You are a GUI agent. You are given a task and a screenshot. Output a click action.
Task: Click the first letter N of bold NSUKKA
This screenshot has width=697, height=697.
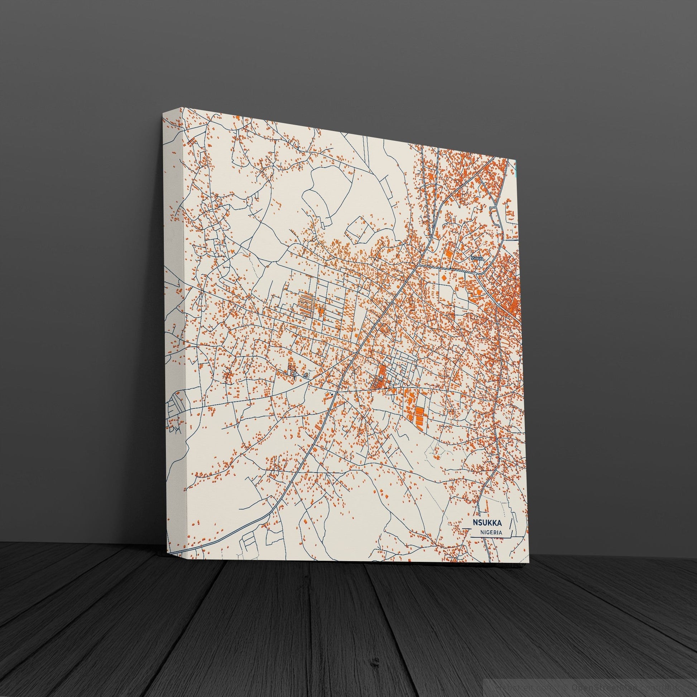click(x=475, y=522)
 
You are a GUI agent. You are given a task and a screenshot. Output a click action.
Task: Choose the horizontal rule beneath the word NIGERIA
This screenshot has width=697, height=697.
click(x=491, y=539)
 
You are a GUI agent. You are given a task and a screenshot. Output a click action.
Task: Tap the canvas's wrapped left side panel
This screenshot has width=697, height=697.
click(x=175, y=325)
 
